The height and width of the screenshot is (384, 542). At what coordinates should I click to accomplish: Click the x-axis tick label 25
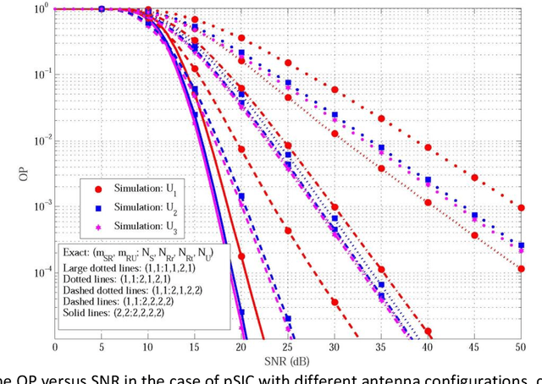click(288, 347)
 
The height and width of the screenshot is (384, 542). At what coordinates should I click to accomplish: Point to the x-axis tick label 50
click(520, 347)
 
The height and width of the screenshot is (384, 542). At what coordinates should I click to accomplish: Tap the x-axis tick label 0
click(56, 347)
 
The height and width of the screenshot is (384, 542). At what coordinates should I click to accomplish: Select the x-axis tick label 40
click(428, 347)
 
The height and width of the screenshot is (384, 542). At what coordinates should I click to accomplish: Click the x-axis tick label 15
click(195, 347)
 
